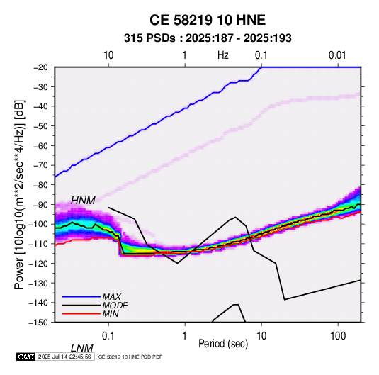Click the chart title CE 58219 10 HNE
point(208,20)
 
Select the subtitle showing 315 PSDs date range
point(208,38)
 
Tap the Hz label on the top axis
point(223,55)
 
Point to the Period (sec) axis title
point(223,344)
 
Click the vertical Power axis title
point(19,194)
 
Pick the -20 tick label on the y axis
point(40,67)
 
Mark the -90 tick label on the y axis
point(40,204)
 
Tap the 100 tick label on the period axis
point(338,336)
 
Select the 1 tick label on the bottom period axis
point(185,336)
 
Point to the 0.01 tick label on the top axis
point(337,55)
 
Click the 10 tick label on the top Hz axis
point(108,55)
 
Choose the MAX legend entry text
point(112,296)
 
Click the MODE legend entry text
point(115,306)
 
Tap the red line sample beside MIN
point(81,314)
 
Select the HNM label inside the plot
point(83,201)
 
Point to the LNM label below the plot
point(82,348)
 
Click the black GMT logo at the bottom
point(26,357)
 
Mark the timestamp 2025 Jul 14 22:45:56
point(64,357)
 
